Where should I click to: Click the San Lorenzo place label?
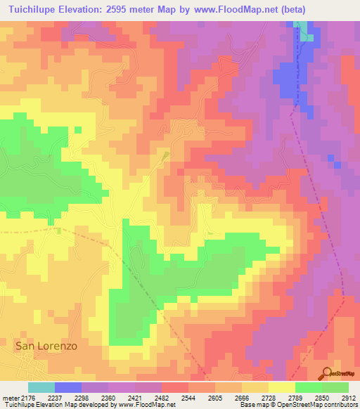pos(46,346)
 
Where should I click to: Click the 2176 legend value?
pos(27,397)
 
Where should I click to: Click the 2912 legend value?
pos(349,397)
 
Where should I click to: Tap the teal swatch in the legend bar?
pos(41,387)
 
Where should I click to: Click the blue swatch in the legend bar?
pos(67,387)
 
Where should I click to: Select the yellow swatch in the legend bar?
pos(281,387)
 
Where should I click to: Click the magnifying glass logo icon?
pos(326,372)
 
